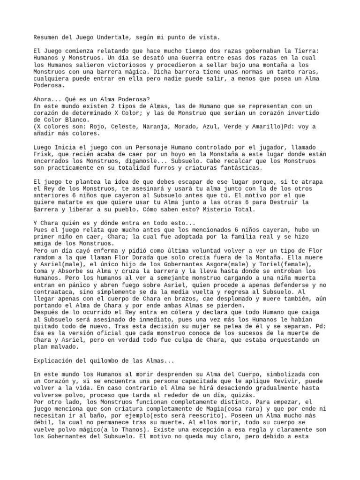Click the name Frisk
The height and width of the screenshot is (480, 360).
click(44, 154)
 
